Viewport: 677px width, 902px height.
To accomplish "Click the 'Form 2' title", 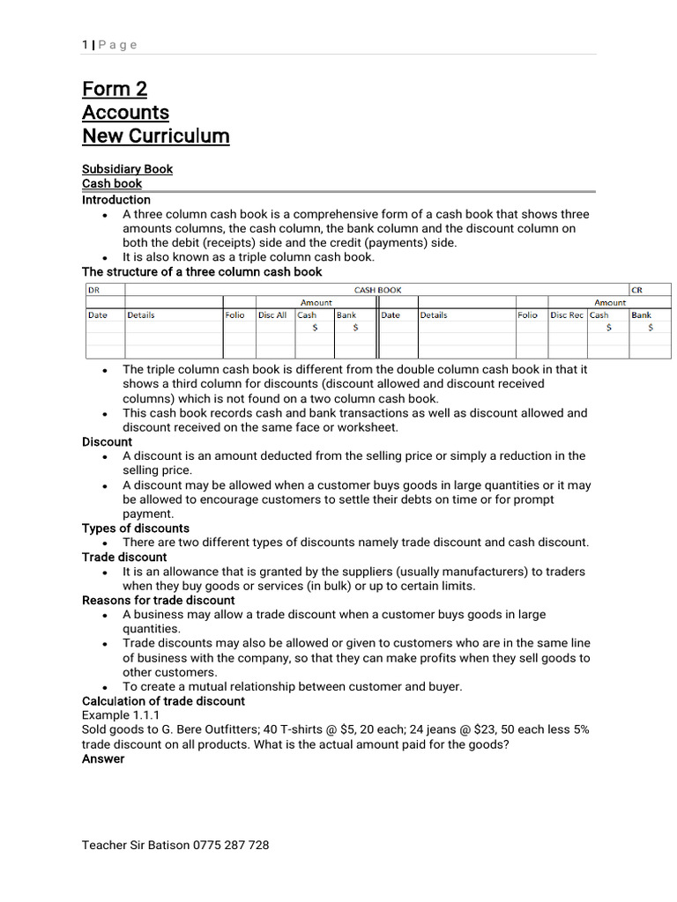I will (115, 89).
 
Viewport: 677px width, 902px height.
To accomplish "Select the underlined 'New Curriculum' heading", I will (155, 136).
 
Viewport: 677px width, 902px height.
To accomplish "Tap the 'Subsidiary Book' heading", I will (127, 169).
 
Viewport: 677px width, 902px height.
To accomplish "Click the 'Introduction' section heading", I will (116, 200).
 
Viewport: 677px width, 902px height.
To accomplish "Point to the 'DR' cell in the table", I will (93, 289).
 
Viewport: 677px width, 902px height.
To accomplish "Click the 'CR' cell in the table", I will (637, 289).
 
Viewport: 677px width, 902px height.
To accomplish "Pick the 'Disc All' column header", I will (272, 314).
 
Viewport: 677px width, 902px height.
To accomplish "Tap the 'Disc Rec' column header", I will (566, 314).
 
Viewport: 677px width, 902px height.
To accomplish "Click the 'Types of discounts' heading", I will (136, 529).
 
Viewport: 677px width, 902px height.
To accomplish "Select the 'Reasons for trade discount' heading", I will (159, 600).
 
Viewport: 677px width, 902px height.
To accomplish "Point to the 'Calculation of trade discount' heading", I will (163, 701).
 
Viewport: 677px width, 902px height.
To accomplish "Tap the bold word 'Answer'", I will (103, 758).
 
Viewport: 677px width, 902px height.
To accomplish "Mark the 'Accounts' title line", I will (125, 113).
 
